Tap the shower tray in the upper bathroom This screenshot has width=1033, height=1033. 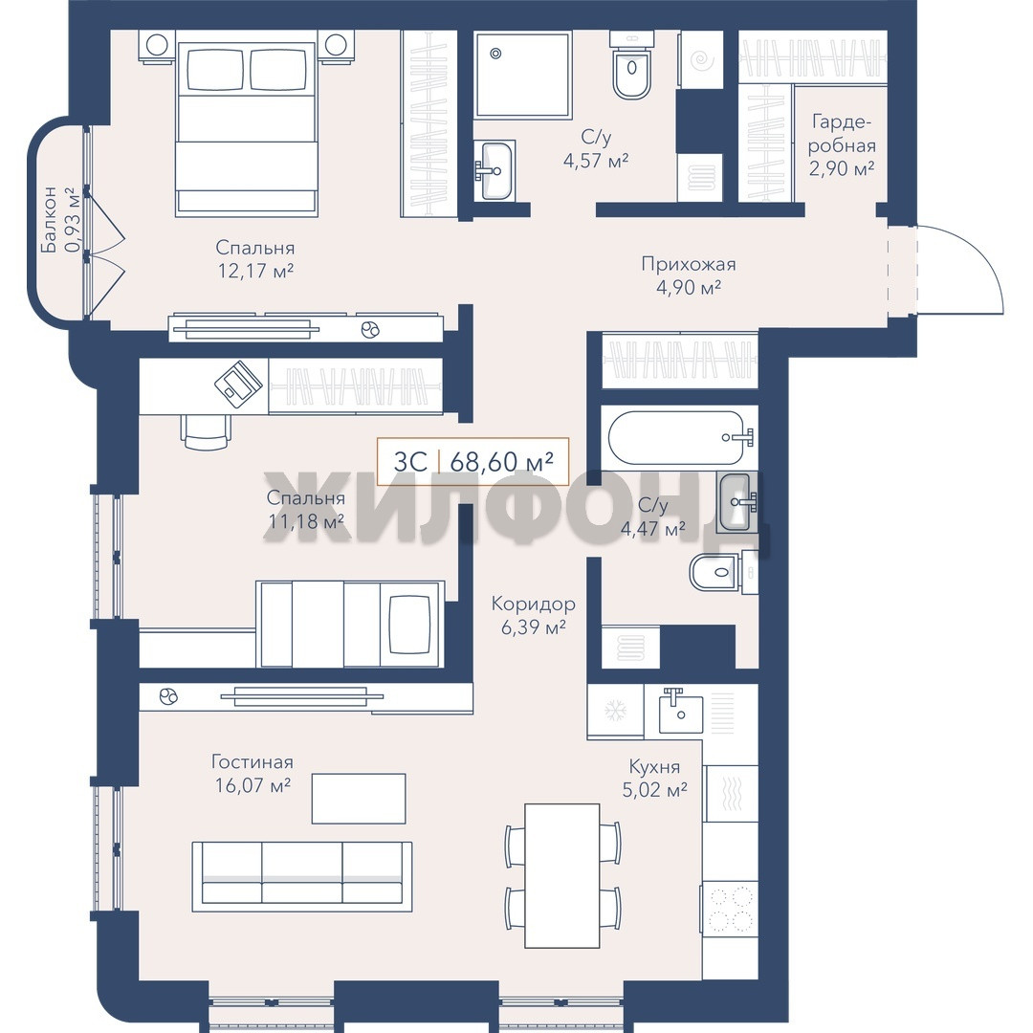(522, 75)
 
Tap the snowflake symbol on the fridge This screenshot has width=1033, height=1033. (615, 710)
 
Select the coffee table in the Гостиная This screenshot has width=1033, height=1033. (359, 799)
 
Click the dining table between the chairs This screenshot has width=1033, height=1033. (562, 875)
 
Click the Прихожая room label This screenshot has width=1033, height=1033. (689, 264)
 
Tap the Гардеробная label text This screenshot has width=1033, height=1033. (842, 134)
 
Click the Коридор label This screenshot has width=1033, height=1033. (533, 604)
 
